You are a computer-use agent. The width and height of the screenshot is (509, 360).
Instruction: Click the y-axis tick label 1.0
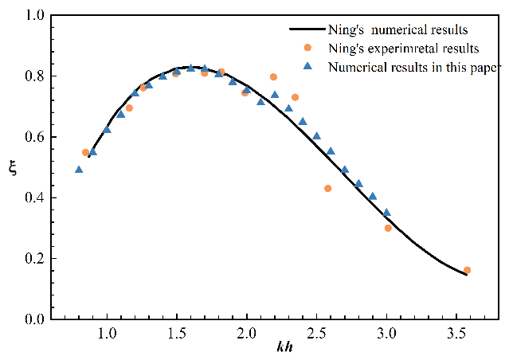click(34, 16)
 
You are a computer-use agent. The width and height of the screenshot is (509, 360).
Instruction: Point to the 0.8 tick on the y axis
click(34, 76)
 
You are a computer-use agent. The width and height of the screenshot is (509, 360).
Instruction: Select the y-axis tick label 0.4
click(34, 198)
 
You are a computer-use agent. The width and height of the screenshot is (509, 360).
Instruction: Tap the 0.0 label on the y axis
click(34, 319)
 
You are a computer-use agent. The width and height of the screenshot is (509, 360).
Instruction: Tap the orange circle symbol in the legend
click(307, 48)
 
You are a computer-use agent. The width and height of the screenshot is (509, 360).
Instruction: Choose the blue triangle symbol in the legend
click(307, 65)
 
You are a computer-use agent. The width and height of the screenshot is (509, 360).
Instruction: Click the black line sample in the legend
click(307, 29)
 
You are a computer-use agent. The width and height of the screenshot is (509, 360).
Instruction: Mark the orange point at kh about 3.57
click(467, 270)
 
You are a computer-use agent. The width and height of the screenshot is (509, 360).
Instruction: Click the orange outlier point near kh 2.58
click(327, 189)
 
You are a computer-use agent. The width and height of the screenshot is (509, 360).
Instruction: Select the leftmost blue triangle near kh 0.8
click(79, 170)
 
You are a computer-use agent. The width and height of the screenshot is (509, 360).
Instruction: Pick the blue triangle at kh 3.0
click(386, 213)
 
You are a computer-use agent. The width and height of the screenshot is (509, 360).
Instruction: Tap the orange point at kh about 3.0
click(388, 228)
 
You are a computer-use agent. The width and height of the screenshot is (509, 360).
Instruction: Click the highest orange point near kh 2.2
click(273, 77)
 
